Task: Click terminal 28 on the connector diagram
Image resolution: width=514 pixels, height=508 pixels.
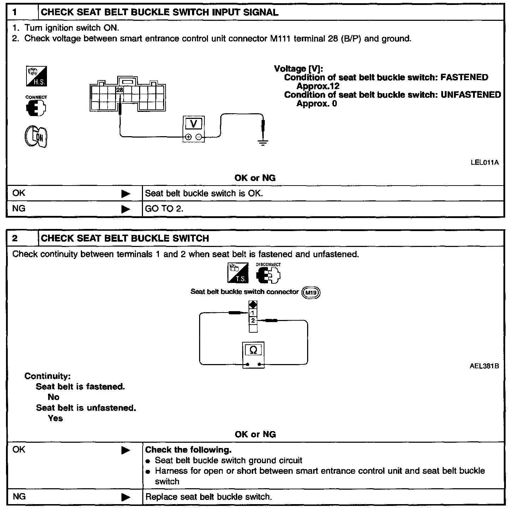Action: coord(120,90)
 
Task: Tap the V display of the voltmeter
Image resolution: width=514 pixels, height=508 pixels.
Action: coord(193,124)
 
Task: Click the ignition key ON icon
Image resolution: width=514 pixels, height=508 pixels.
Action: coord(36,137)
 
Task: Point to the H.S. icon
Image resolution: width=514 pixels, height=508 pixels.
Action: coord(36,76)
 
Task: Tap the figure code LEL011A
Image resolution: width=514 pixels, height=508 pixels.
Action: coord(484,163)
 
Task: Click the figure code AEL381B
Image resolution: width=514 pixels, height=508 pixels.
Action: coord(484,366)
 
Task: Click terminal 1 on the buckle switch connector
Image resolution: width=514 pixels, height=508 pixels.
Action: coord(253,313)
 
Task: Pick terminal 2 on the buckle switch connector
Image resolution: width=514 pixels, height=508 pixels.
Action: coord(253,321)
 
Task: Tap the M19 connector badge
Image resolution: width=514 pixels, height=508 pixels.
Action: coord(311,292)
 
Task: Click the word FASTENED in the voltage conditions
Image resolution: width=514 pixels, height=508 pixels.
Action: coord(464,78)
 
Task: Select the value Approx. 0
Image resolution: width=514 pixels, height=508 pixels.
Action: coord(317,104)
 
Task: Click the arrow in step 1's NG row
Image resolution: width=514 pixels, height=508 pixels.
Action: coord(125,209)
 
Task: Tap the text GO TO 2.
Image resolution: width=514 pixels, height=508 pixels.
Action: coord(164,209)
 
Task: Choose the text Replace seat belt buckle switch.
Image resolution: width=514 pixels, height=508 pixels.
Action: coord(209,497)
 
